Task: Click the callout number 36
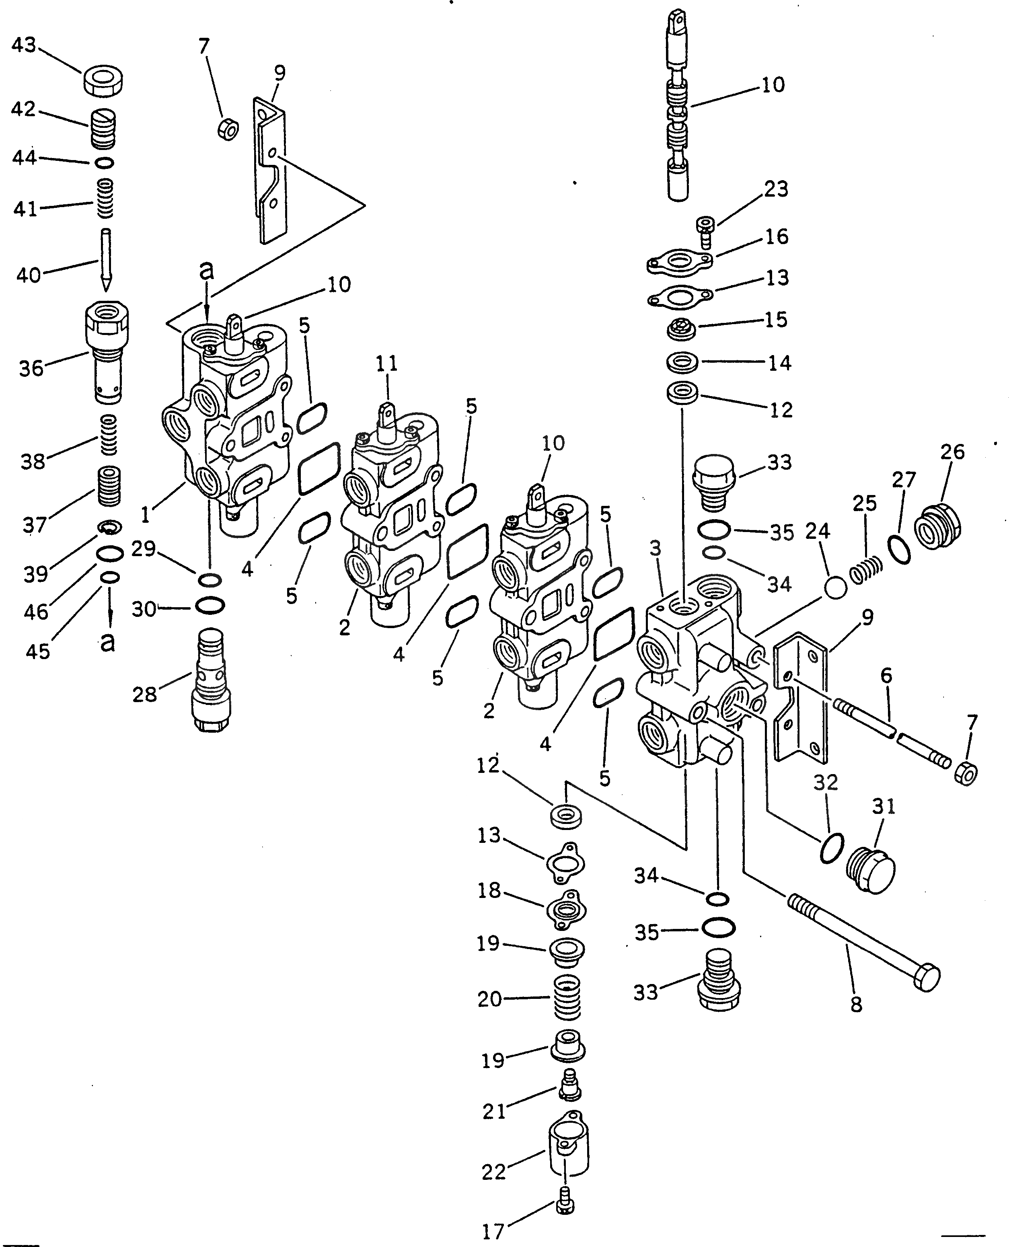coord(31,368)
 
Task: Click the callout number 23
coord(776,189)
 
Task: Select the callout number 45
coord(38,651)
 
